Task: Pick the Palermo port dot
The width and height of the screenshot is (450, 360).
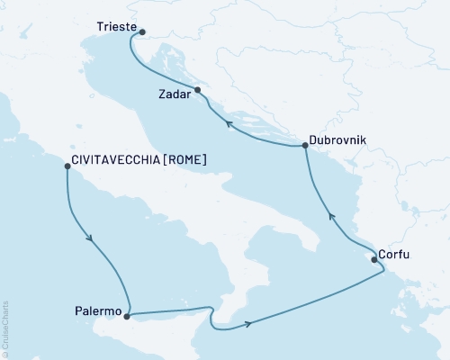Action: click(x=126, y=316)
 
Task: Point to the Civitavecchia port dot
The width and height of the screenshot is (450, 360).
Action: click(x=67, y=166)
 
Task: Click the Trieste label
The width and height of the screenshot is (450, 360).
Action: click(x=115, y=28)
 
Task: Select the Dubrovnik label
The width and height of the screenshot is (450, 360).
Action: click(x=338, y=140)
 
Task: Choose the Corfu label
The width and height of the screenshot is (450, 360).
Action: click(x=398, y=255)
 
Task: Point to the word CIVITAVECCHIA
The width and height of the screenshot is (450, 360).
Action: click(x=112, y=161)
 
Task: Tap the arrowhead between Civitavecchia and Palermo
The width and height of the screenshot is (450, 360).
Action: click(x=88, y=238)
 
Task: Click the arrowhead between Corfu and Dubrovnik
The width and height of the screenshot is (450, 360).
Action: click(x=330, y=215)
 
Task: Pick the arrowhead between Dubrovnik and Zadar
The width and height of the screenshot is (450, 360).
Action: click(x=229, y=125)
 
